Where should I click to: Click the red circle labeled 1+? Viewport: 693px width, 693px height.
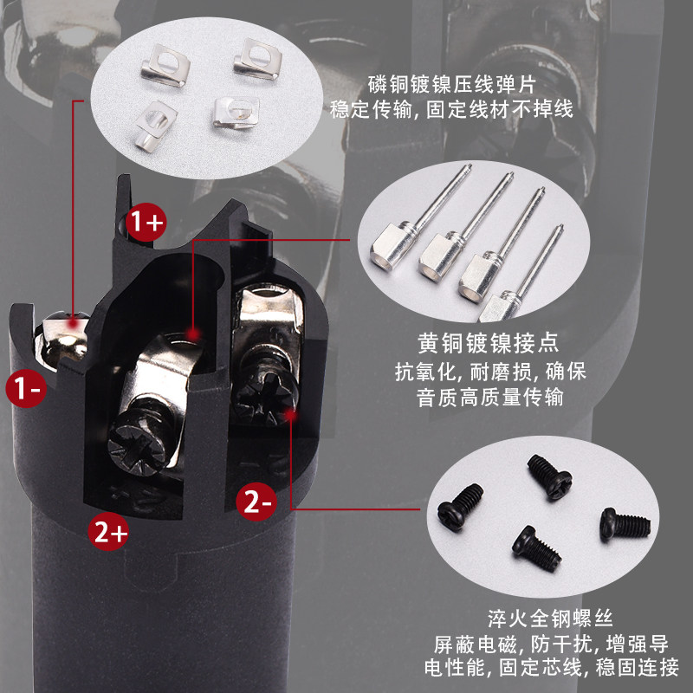pyautogui.click(x=146, y=222)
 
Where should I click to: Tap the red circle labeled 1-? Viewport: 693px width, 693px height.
pyautogui.click(x=26, y=387)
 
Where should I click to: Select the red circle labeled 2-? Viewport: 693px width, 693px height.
pyautogui.click(x=256, y=502)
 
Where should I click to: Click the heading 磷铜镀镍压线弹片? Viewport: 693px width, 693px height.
pyautogui.click(x=451, y=84)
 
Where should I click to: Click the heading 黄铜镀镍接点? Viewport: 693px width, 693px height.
pyautogui.click(x=489, y=343)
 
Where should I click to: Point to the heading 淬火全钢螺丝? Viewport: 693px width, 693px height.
pyautogui.click(x=550, y=619)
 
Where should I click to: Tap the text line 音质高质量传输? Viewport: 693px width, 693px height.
pyautogui.click(x=489, y=397)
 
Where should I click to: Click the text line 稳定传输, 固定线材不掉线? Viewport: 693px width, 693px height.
pyautogui.click(x=451, y=109)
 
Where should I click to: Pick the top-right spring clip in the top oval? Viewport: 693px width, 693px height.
pyautogui.click(x=258, y=59)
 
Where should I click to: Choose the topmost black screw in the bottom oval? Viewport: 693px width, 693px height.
pyautogui.click(x=550, y=476)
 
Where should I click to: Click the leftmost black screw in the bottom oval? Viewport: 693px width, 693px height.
pyautogui.click(x=460, y=507)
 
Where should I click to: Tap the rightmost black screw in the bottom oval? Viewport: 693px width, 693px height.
pyautogui.click(x=625, y=524)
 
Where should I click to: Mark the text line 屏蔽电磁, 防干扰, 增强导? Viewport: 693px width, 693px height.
pyautogui.click(x=551, y=644)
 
